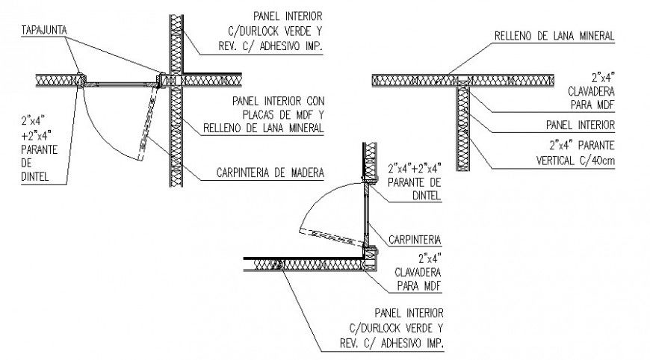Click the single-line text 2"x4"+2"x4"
414,168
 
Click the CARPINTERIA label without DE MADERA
415,240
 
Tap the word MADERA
304,173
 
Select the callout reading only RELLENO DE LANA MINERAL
554,35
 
